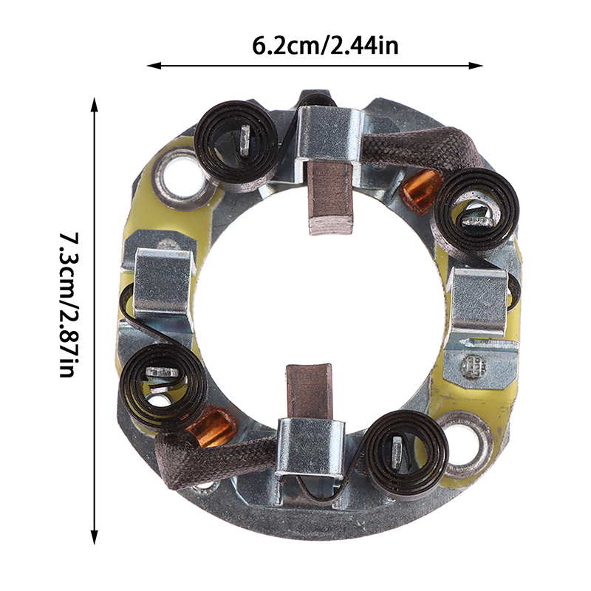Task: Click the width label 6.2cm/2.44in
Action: [325, 47]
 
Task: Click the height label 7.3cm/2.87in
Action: [69, 304]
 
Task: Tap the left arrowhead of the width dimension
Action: [154, 66]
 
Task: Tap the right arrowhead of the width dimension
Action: [476, 66]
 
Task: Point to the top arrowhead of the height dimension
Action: [95, 105]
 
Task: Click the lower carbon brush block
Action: [310, 392]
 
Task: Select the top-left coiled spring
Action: [236, 140]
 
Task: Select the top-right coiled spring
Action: [477, 210]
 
